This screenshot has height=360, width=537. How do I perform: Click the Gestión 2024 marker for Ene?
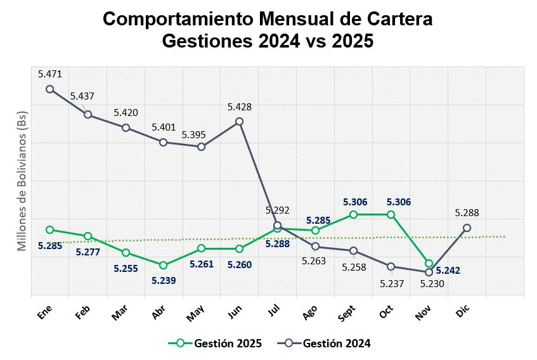pyautogui.click(x=49, y=89)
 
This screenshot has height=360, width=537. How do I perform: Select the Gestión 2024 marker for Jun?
pyautogui.click(x=239, y=121)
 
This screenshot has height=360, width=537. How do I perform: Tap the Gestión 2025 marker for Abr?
pyautogui.click(x=163, y=265)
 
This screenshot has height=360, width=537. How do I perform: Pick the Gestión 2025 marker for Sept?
pyautogui.click(x=353, y=215)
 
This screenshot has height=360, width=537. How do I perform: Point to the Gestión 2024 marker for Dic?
pyautogui.click(x=467, y=228)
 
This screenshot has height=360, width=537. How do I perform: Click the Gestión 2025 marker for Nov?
pyautogui.click(x=429, y=263)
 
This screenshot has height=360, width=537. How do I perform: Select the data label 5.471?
pyautogui.click(x=50, y=74)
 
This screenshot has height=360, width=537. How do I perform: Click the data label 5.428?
pyautogui.click(x=240, y=107)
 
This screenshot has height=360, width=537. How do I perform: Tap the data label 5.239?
pyautogui.click(x=163, y=280)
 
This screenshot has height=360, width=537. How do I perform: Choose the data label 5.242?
pyautogui.click(x=448, y=270)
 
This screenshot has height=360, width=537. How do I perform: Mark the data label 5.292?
pyautogui.click(x=277, y=210)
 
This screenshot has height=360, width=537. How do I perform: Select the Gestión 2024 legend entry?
pyautogui.click(x=325, y=343)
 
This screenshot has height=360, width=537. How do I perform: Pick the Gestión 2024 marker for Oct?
pyautogui.click(x=391, y=266)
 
